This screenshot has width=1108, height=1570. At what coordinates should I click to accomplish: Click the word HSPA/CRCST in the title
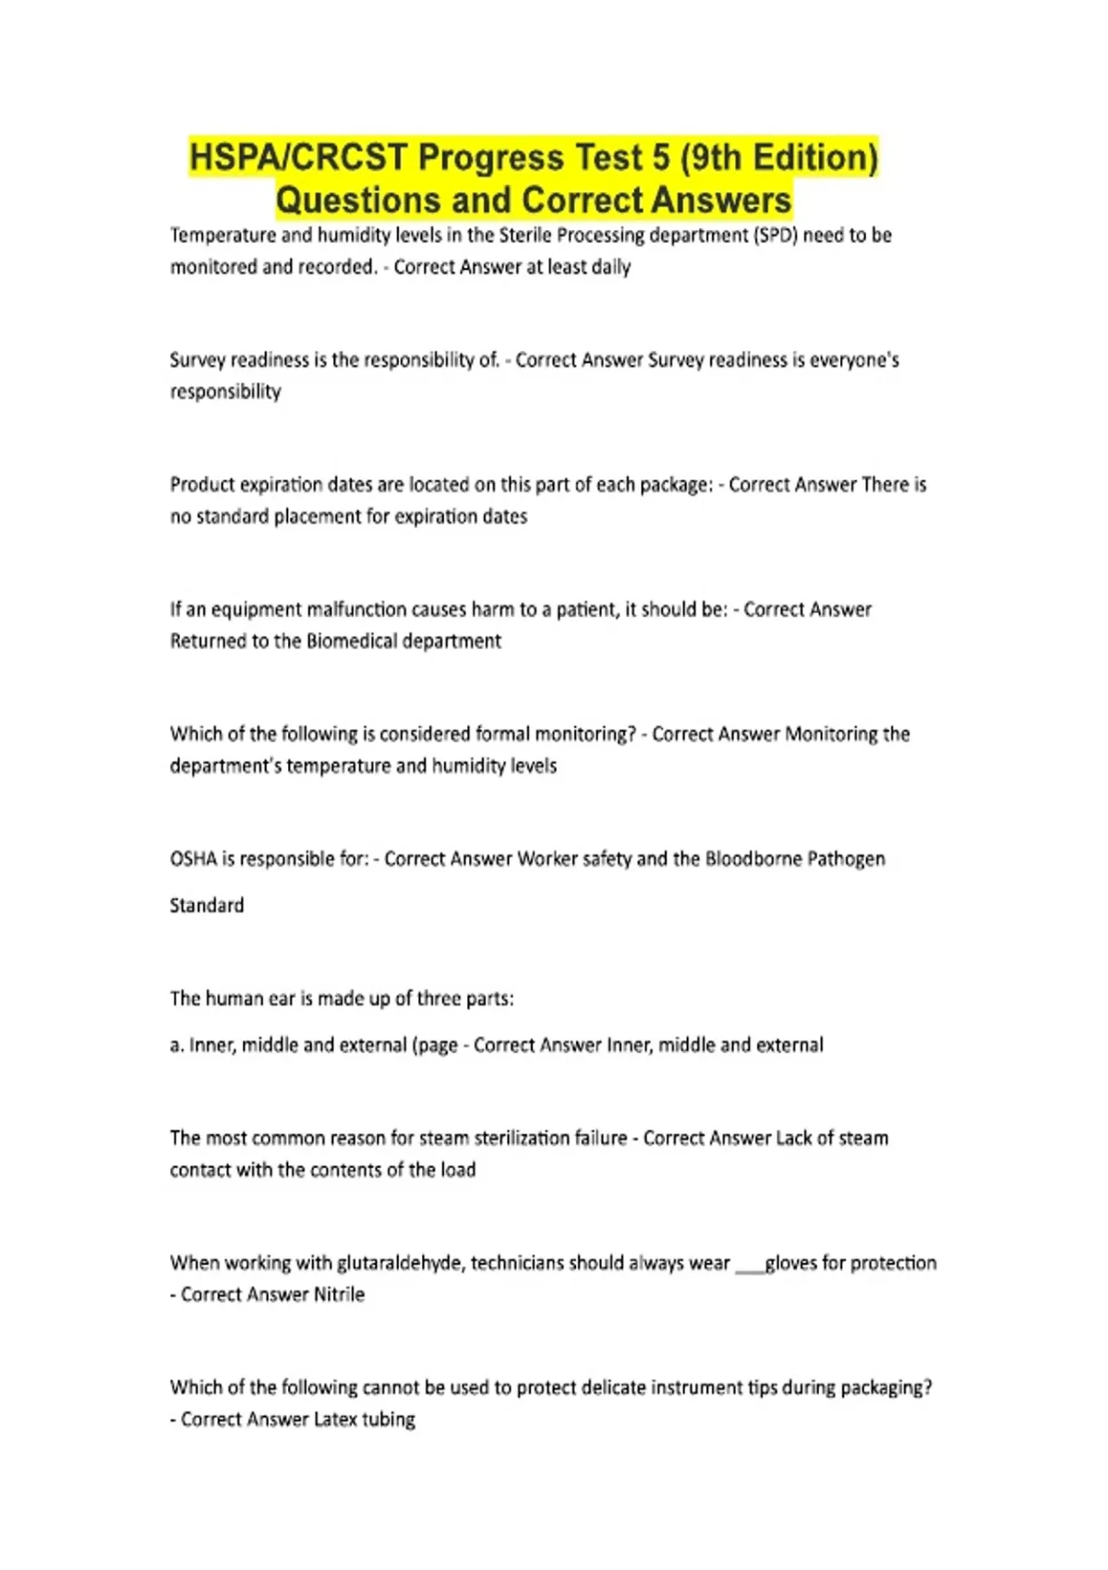[x=297, y=158]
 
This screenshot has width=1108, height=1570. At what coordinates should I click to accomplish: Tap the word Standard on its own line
[x=207, y=905]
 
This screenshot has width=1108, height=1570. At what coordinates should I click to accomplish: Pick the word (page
[x=435, y=1045]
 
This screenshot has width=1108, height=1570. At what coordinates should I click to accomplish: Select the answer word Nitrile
[x=339, y=1295]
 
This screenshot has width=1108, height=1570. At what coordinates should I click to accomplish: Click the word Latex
[x=335, y=1419]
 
